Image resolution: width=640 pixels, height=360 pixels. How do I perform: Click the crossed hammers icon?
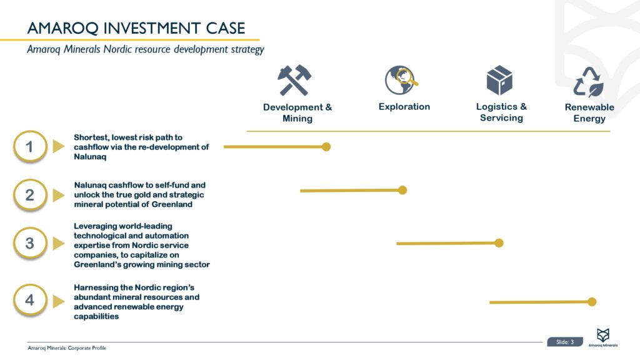(x=294, y=81)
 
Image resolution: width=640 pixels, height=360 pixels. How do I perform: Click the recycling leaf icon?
(x=588, y=82)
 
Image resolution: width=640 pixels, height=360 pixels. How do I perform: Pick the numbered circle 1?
(x=29, y=147)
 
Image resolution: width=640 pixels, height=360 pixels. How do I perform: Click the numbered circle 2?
(x=29, y=195)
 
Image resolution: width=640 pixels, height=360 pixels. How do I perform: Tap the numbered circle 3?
(x=29, y=243)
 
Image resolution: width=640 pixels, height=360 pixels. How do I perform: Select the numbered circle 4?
(x=29, y=300)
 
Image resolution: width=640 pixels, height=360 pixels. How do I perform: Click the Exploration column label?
(x=404, y=107)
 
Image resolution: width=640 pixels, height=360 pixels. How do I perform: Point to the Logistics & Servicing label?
(x=501, y=112)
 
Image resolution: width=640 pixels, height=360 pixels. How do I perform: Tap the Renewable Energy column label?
(x=589, y=112)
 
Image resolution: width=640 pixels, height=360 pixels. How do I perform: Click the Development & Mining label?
(x=297, y=112)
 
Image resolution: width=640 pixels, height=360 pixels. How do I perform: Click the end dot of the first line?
(x=326, y=147)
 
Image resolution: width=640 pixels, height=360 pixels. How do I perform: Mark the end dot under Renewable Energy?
(x=592, y=302)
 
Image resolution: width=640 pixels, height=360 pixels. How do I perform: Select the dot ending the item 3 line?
(x=499, y=242)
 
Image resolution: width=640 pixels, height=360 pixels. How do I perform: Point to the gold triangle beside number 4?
(x=59, y=301)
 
